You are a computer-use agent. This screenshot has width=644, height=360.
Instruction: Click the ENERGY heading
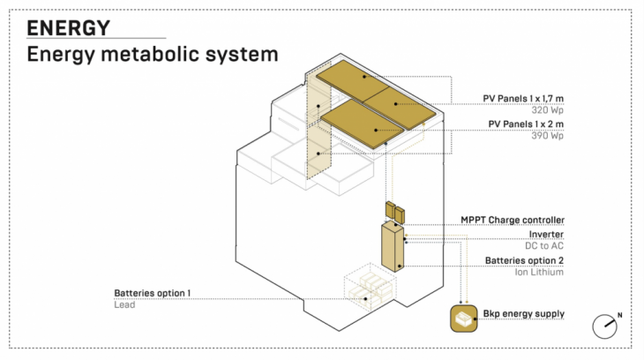(x=68, y=27)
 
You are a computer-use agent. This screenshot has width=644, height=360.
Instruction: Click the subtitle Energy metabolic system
(x=152, y=55)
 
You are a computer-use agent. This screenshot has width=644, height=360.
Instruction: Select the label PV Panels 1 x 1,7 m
(x=523, y=98)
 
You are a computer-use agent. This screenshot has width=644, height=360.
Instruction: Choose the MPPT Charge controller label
(x=512, y=220)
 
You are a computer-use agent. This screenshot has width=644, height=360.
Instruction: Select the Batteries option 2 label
(x=524, y=260)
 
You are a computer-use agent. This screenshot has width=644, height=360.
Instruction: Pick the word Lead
(x=124, y=304)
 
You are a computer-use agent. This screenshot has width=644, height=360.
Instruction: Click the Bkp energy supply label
(x=523, y=314)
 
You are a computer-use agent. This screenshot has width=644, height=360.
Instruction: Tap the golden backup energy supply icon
(x=462, y=319)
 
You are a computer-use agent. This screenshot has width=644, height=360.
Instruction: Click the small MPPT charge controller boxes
(x=393, y=212)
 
